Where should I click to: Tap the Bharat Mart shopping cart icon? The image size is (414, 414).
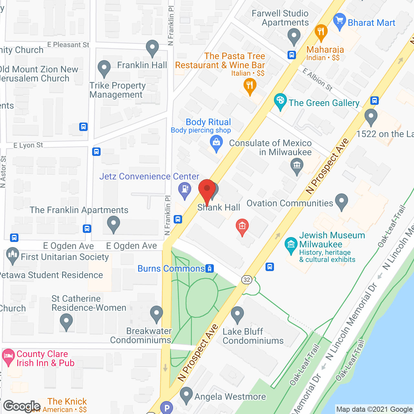pyautogui.click(x=339, y=21)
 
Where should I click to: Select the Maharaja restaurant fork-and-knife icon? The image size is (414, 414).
pyautogui.click(x=321, y=32)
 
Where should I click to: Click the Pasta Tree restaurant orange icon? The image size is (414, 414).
pyautogui.click(x=249, y=86)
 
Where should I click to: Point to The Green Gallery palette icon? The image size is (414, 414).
pyautogui.click(x=280, y=102)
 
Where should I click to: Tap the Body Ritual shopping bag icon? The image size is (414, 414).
pyautogui.click(x=216, y=143)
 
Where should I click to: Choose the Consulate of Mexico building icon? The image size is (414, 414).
pyautogui.click(x=297, y=166)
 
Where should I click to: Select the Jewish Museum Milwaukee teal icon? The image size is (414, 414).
pyautogui.click(x=291, y=245)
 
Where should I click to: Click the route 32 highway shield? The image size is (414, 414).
pyautogui.click(x=247, y=280)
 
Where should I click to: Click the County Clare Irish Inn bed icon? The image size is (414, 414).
pyautogui.click(x=8, y=356)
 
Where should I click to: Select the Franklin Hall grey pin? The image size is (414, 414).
pyautogui.click(x=152, y=48)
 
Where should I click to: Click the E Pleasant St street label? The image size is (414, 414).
pyautogui.click(x=68, y=45)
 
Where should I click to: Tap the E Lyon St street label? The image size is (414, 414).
pyautogui.click(x=28, y=145)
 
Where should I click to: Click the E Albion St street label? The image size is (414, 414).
pyautogui.click(x=317, y=79)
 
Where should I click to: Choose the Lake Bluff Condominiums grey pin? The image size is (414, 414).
pyautogui.click(x=237, y=314)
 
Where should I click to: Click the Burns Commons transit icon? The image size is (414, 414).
pyautogui.click(x=210, y=268)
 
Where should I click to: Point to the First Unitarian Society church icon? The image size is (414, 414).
pyautogui.click(x=12, y=255)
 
